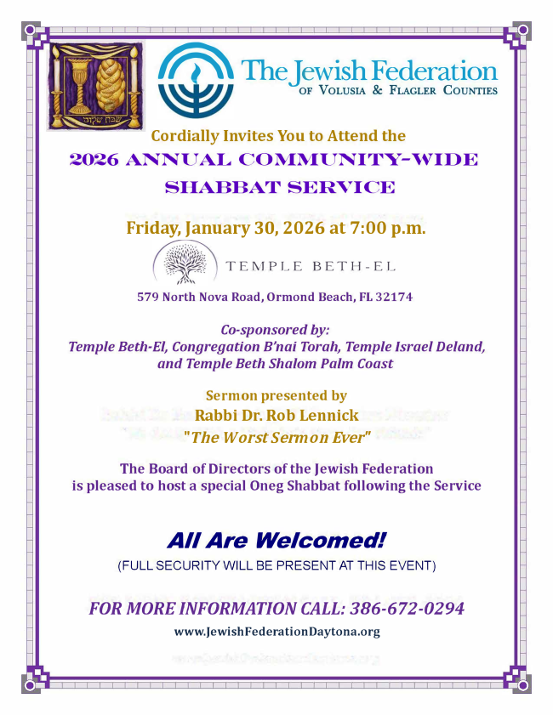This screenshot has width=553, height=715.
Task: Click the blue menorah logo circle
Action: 197,78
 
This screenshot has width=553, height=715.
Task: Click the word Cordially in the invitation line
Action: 184,136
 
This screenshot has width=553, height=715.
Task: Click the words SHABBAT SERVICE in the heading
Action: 279,187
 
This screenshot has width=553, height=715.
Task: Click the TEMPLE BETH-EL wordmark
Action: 310,265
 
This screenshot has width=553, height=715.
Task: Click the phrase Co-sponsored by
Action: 275,330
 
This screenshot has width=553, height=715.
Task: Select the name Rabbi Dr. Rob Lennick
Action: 277,416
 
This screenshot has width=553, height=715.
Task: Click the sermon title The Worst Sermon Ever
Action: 277,438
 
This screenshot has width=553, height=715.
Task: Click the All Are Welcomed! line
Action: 276,540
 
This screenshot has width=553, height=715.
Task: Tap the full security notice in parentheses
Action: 276,565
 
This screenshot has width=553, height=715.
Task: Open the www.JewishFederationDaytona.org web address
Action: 276,632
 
